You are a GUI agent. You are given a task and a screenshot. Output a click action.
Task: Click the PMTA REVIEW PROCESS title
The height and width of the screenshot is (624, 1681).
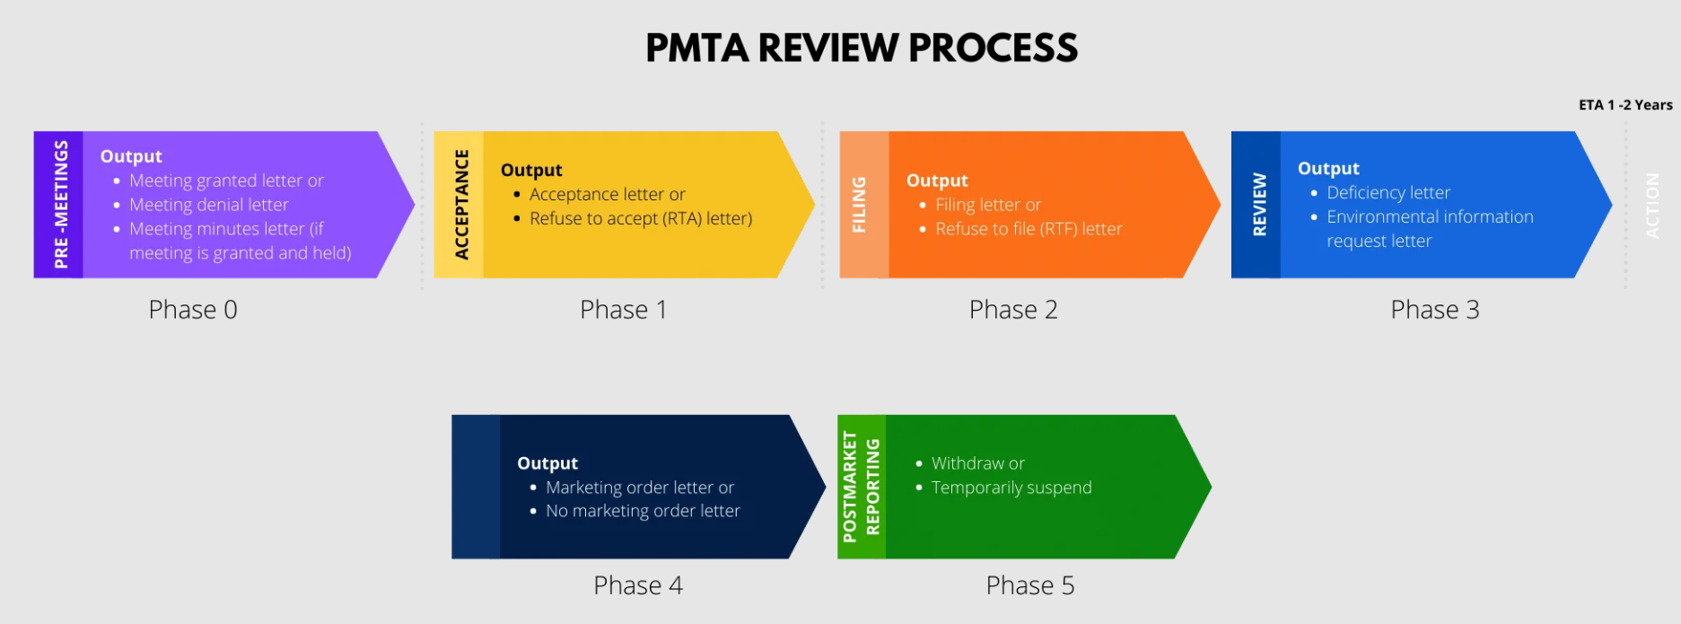(862, 48)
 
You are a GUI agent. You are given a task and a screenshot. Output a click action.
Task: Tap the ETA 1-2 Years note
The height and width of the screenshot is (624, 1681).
(1625, 105)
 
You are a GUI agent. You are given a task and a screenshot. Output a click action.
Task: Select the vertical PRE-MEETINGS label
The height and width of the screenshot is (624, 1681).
(60, 205)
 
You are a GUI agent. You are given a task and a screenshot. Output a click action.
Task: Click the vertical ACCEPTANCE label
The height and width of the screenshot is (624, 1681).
(461, 205)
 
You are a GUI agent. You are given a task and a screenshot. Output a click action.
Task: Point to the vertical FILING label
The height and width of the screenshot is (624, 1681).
(859, 205)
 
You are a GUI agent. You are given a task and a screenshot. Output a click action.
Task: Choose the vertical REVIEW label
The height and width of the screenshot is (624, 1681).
(1259, 205)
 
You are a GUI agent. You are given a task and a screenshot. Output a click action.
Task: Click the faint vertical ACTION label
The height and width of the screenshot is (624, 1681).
(1651, 206)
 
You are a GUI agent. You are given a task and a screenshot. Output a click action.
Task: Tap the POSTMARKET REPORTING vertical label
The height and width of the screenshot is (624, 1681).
(861, 487)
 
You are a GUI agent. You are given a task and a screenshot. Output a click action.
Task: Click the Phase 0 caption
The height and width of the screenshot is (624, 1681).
(193, 310)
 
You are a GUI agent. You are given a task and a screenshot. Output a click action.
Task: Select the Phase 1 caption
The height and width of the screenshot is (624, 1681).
(623, 310)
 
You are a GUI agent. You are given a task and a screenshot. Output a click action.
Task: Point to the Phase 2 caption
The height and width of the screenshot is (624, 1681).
(1013, 310)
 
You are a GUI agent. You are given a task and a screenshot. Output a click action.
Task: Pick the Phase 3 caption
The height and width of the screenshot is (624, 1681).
(1434, 310)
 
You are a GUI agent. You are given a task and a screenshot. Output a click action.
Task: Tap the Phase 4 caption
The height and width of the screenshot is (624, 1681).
(638, 585)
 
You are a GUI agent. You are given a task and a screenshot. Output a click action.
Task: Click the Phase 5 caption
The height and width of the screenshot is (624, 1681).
(1029, 585)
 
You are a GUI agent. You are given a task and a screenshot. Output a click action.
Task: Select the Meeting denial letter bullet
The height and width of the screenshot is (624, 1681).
(208, 205)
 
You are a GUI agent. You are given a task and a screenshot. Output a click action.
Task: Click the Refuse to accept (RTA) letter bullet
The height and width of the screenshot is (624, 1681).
(641, 218)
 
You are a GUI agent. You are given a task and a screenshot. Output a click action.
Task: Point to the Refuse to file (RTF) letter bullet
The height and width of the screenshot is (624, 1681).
(1029, 229)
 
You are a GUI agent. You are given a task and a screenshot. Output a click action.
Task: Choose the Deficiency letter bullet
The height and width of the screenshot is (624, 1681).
(1388, 192)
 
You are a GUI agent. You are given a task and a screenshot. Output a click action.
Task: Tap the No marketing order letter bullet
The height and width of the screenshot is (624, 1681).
(643, 511)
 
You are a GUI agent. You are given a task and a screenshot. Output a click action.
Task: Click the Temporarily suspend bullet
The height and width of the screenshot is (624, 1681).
(1011, 488)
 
